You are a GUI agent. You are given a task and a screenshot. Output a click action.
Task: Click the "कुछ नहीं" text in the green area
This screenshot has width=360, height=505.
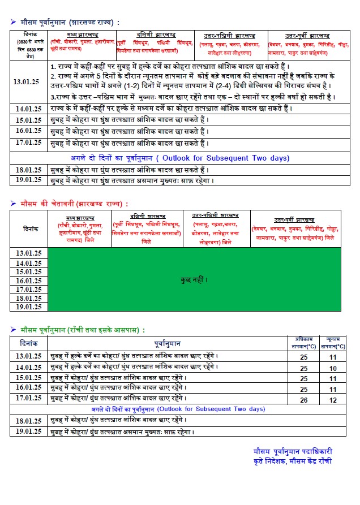coord(194,280)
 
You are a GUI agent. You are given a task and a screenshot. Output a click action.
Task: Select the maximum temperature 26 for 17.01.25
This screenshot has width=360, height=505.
coord(304,400)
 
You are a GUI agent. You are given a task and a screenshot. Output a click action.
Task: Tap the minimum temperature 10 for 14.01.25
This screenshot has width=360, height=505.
coord(333,367)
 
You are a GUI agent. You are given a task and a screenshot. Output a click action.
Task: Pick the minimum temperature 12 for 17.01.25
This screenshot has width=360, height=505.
coord(333,400)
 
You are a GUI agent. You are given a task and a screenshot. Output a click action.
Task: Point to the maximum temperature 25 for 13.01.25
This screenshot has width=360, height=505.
coord(304,357)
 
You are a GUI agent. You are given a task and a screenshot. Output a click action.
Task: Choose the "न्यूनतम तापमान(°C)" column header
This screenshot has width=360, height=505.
coord(333,343)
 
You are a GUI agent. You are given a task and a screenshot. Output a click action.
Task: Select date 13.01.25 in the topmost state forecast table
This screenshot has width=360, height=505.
coord(27,81)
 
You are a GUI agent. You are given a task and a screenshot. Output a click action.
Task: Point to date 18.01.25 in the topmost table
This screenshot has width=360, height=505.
coord(27,170)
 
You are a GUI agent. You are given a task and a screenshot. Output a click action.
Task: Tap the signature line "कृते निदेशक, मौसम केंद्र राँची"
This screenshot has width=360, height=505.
coord(293,461)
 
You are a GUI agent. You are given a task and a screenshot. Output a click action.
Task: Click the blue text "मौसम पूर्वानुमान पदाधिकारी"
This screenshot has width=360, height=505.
coord(293,451)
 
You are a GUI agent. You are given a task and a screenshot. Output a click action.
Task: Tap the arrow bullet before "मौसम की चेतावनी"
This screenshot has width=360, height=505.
coord(12,204)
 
